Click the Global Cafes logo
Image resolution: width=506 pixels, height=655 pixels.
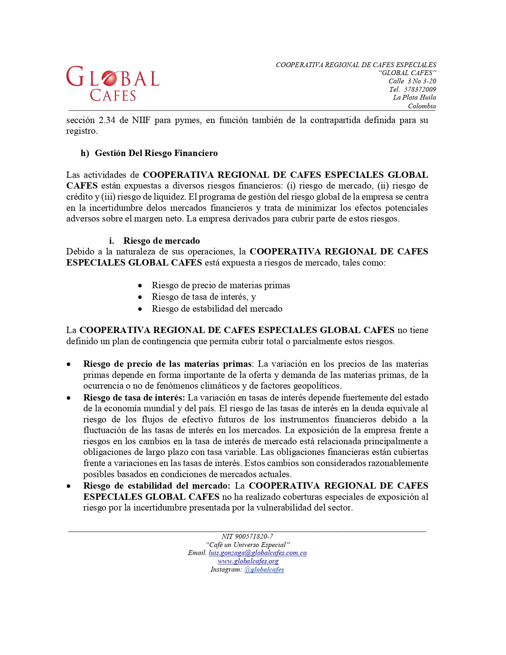point(113,83)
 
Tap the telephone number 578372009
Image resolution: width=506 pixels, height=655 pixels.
point(420,89)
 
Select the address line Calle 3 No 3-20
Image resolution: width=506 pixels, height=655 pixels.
point(412,81)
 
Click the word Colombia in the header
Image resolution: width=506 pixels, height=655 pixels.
point(422,106)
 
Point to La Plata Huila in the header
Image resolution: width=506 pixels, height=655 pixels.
point(414,98)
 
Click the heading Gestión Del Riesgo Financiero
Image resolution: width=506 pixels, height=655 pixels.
point(156,153)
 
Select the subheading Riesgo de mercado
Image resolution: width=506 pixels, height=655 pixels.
point(162,241)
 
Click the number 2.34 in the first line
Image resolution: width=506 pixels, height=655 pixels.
point(107,120)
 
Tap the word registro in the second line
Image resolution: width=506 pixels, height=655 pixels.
point(81,131)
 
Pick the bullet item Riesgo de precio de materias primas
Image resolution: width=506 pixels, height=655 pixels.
point(221,285)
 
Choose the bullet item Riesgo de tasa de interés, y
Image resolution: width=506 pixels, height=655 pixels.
point(204,297)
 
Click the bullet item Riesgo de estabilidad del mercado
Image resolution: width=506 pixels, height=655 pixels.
point(217,309)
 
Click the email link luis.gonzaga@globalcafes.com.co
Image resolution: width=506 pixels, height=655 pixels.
point(258,553)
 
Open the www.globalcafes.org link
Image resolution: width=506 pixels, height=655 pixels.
point(248,561)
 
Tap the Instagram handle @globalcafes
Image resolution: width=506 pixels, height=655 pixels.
point(264,570)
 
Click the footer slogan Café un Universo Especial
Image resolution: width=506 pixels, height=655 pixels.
point(248,545)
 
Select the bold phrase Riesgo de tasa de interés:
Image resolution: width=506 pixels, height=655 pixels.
point(134,398)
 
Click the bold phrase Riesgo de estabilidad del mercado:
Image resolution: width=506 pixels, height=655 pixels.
point(157,486)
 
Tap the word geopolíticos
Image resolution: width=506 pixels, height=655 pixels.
point(317,386)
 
